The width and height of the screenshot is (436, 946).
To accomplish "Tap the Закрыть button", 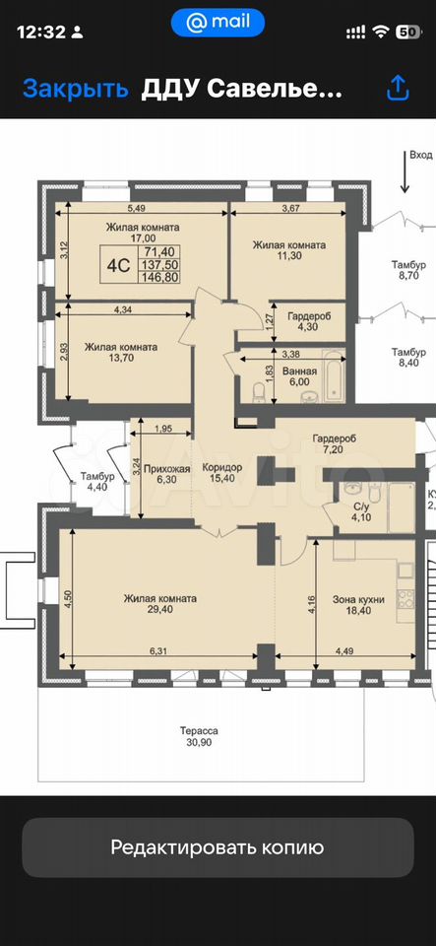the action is [75, 90].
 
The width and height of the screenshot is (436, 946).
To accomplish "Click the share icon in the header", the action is [398, 88].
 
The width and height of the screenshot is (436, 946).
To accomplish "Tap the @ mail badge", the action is [218, 23].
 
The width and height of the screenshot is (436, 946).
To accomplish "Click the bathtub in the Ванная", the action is [332, 374].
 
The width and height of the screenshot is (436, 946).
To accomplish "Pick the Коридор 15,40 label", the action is [221, 474].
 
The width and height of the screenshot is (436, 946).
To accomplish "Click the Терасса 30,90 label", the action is [199, 736].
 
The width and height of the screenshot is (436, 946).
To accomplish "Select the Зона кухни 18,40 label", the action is [358, 605].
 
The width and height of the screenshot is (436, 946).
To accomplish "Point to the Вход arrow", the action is [405, 171].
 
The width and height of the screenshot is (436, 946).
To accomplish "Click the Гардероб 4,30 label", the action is [309, 321].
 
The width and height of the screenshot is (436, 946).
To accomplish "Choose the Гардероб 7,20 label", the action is [335, 444].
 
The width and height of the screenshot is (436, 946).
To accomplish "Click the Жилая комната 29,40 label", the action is [160, 604].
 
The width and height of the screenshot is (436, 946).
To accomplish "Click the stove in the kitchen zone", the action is [405, 598].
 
